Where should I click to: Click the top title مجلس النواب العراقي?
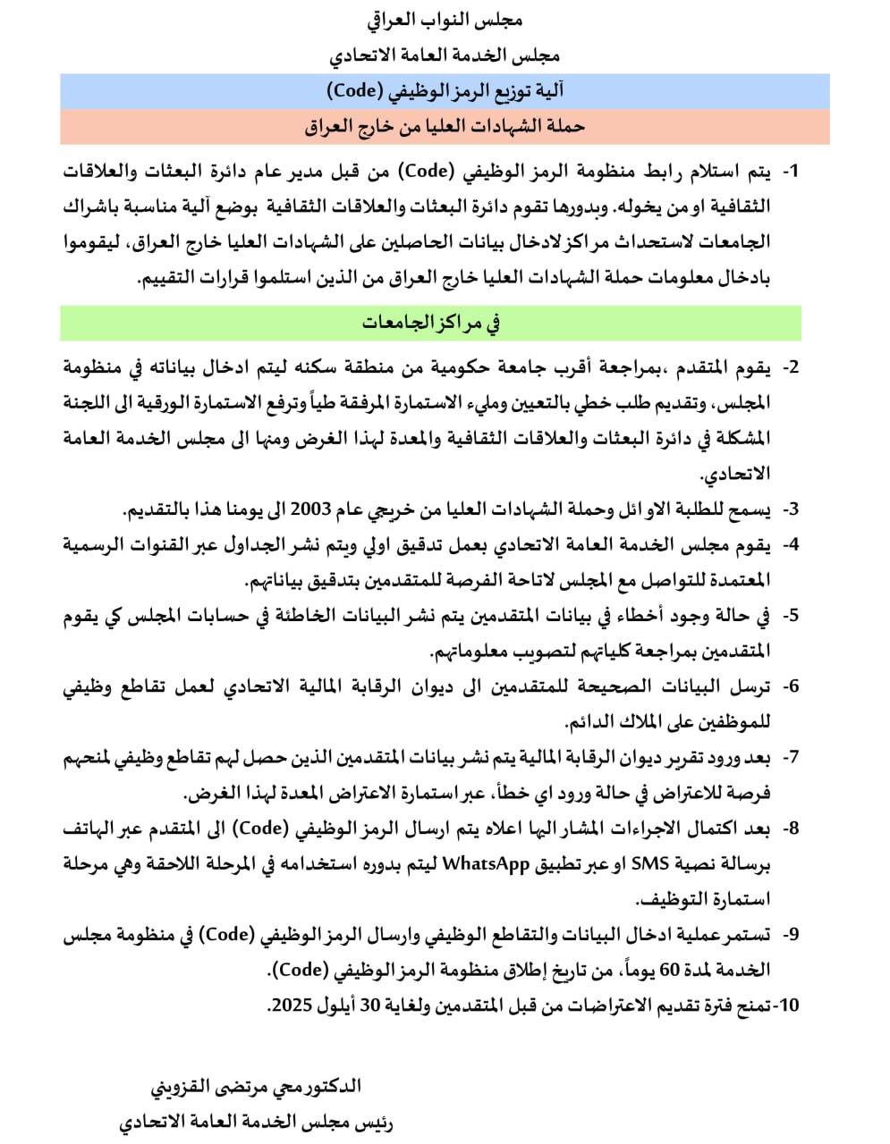(445, 19)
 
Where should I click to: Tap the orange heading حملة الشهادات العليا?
(445, 127)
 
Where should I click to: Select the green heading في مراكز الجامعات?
(431, 323)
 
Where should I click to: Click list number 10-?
(785, 1005)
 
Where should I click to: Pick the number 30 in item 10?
(373, 1005)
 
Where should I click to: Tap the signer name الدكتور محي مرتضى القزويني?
(256, 1087)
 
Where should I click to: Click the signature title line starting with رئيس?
(256, 1122)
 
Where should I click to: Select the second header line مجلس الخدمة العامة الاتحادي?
(445, 55)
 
